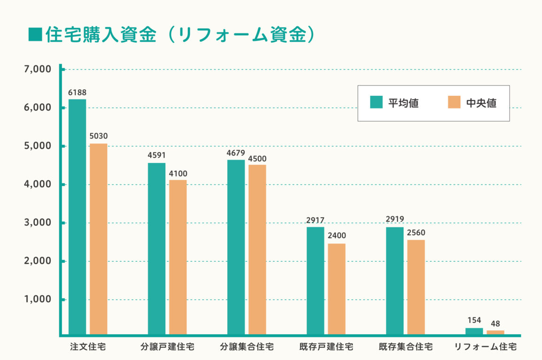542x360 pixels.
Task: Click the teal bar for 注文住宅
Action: click(x=77, y=217)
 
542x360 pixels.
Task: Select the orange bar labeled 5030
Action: click(x=99, y=239)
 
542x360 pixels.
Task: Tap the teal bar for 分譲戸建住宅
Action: click(x=157, y=249)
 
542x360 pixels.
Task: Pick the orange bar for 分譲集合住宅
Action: click(x=257, y=250)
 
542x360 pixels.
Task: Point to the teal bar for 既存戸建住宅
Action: click(x=316, y=281)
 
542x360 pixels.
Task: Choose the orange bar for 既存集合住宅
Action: click(x=416, y=288)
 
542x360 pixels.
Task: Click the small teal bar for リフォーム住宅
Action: click(x=474, y=332)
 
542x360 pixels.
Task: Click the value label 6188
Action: click(x=77, y=93)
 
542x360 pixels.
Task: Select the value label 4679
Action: click(x=236, y=153)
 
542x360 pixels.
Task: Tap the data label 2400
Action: click(x=337, y=236)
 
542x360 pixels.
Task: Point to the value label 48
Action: click(x=496, y=324)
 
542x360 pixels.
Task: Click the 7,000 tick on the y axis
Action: click(x=37, y=70)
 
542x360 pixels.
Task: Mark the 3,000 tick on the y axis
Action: click(x=37, y=223)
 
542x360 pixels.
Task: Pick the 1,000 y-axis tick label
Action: click(x=37, y=299)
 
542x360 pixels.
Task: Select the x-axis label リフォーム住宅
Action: click(x=485, y=347)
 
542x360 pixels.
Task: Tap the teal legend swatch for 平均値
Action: click(x=376, y=102)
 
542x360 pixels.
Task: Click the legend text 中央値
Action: click(x=481, y=103)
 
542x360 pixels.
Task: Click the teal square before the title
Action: click(x=35, y=35)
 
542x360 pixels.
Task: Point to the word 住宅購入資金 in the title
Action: click(x=101, y=35)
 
